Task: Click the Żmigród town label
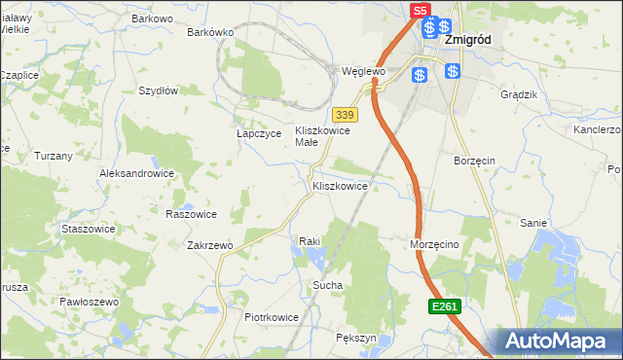pos(467,41)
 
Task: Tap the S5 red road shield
pos(420,11)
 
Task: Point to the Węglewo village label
pos(365,72)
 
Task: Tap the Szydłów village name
pos(158,90)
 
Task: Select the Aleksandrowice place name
pos(136,173)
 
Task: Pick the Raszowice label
pos(191,214)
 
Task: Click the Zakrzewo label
pos(209,246)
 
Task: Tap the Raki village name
pos(310,240)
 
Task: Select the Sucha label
pos(326,285)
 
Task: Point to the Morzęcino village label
pos(433,245)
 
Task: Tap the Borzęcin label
pos(475,159)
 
